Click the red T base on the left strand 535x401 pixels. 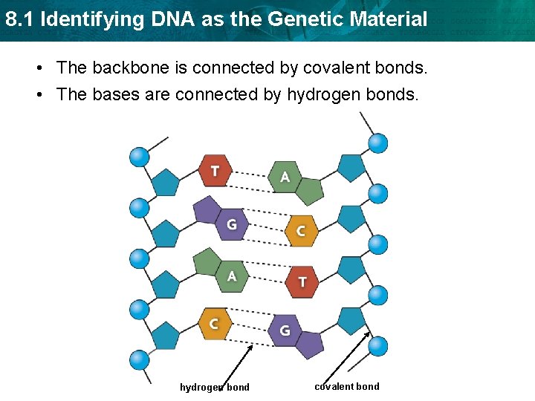tap(215, 171)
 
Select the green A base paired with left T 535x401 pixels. tap(284, 177)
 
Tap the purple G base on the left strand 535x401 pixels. tap(231, 223)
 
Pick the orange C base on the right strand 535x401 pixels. tap(300, 231)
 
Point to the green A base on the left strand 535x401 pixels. tap(232, 276)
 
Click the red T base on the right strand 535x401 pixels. tap(302, 281)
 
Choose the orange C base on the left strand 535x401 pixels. tap(214, 323)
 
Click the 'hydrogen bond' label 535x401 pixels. tap(215, 387)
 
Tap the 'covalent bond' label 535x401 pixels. tap(346, 386)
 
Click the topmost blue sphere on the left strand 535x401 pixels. tap(140, 157)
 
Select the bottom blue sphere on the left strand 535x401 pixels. tap(140, 360)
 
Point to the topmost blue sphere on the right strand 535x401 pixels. tap(378, 143)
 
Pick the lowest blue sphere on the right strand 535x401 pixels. tap(378, 345)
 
